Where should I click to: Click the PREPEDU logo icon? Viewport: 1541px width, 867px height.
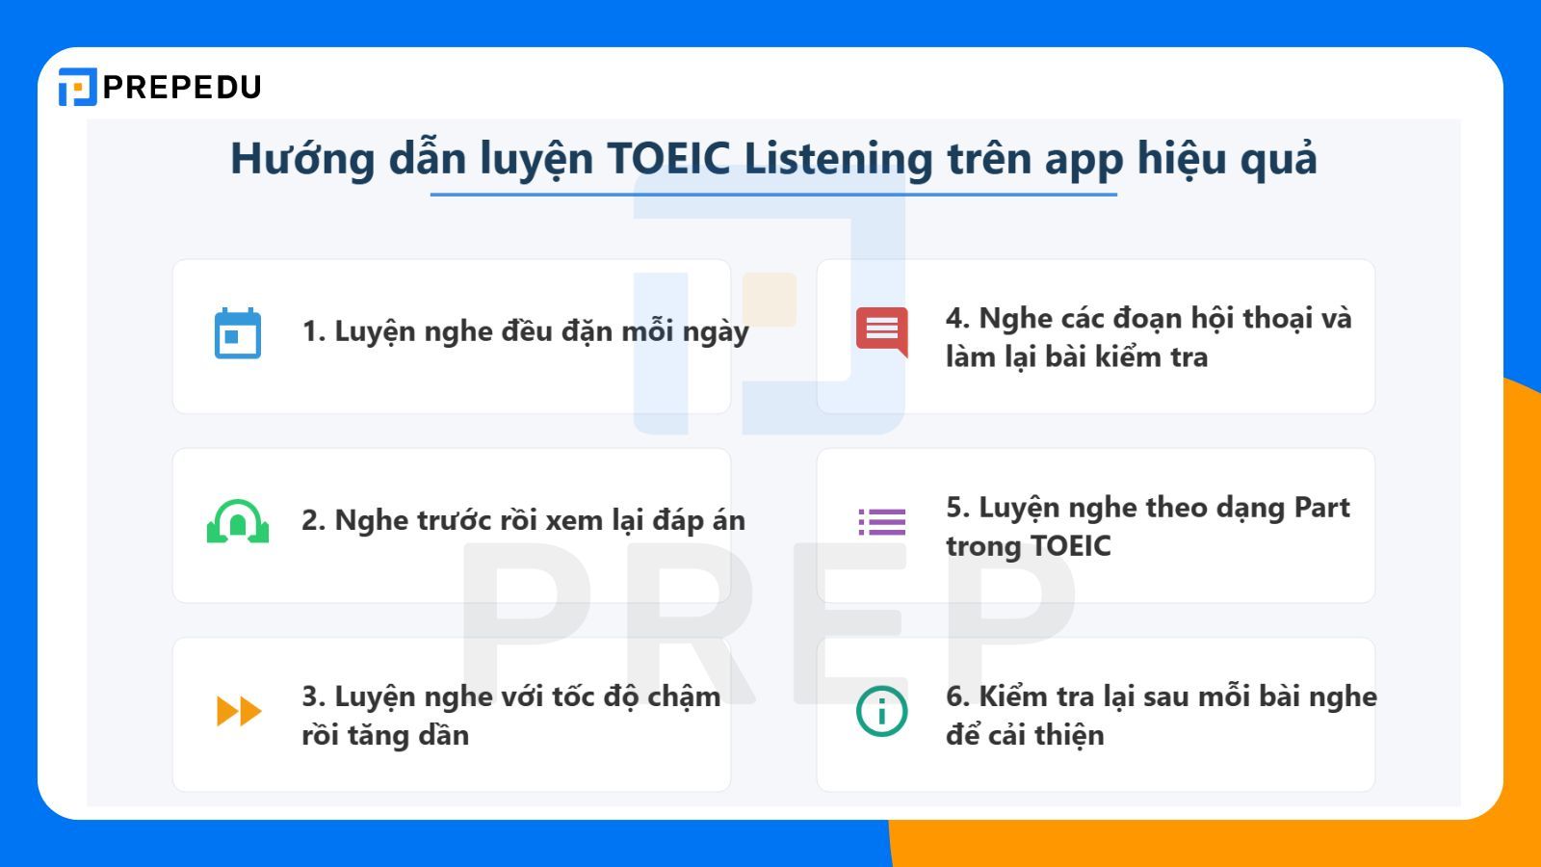pos(77,87)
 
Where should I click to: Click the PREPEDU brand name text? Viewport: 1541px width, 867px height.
pos(182,87)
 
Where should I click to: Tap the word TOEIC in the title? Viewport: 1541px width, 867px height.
pos(668,158)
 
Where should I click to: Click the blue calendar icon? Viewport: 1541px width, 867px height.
pos(238,333)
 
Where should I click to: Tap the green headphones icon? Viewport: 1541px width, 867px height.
pos(238,521)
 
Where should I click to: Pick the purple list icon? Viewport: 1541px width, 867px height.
pos(882,521)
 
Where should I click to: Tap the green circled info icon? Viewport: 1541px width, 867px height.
pos(882,711)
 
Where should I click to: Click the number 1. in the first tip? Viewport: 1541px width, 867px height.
pos(314,331)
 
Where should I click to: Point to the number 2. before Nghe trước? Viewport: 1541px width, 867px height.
pos(314,520)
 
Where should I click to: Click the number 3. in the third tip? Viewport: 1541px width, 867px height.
pos(314,696)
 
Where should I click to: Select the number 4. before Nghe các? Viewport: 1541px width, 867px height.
pos(958,318)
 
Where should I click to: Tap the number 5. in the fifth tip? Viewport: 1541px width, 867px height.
pos(958,508)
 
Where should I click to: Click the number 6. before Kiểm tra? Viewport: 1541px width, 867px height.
pos(958,696)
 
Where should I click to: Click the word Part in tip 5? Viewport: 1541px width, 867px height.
pos(1321,508)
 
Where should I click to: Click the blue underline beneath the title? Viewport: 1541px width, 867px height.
pos(773,195)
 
